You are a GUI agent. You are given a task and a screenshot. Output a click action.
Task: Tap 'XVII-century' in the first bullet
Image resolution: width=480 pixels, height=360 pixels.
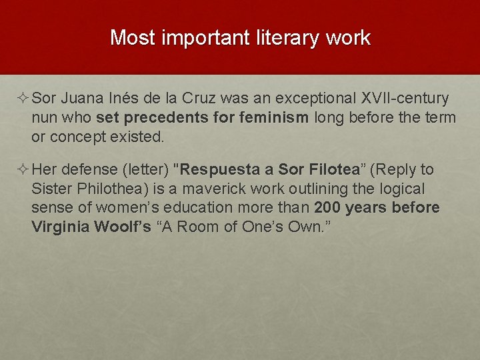coord(405,99)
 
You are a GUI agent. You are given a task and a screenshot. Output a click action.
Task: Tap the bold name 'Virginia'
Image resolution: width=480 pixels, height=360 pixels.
coord(60,227)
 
